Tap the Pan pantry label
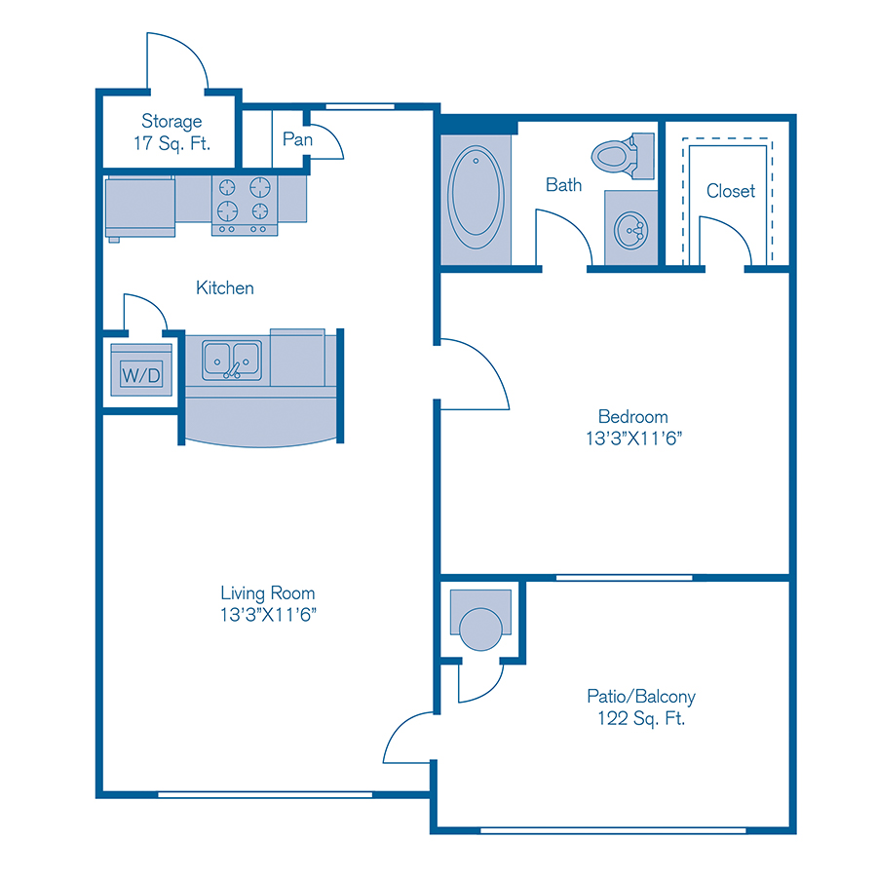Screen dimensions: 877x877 tap(297, 139)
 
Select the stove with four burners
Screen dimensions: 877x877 tap(245, 204)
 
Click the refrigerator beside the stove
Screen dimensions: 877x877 tap(139, 206)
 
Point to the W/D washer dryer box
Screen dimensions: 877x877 tap(140, 373)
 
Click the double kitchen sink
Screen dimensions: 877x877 tap(232, 360)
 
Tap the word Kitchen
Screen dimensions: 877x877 tap(225, 287)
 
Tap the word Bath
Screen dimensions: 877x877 tap(563, 184)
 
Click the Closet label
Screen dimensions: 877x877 tap(731, 191)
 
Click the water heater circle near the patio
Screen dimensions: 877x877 tap(479, 629)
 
